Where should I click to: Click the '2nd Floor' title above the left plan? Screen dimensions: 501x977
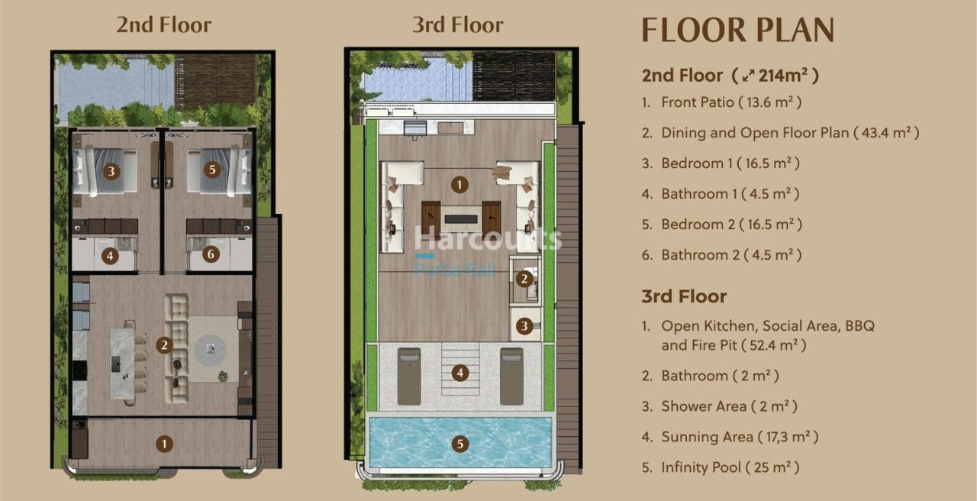point(163,24)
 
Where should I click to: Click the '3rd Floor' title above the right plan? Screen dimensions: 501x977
point(457,24)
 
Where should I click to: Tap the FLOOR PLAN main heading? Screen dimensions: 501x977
point(737,30)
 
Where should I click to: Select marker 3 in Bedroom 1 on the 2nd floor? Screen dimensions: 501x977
point(111,171)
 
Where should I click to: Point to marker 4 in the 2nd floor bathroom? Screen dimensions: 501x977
point(111,256)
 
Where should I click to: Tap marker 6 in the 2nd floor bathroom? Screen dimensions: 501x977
point(212,256)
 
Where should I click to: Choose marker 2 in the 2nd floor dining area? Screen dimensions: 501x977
point(163,346)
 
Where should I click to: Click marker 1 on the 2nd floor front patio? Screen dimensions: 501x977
point(163,443)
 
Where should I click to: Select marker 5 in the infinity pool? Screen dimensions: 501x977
point(459,443)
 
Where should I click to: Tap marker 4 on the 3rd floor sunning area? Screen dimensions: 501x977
point(459,373)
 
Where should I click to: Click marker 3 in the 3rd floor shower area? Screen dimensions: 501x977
point(524,326)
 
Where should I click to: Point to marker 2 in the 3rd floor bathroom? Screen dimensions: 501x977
point(524,279)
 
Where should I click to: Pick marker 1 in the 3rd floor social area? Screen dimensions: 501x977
point(459,184)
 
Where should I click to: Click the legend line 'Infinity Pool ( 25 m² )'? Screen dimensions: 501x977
point(730,467)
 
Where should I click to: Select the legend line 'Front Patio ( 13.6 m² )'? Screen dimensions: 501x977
point(730,102)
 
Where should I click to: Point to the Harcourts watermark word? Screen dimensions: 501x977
point(488,238)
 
